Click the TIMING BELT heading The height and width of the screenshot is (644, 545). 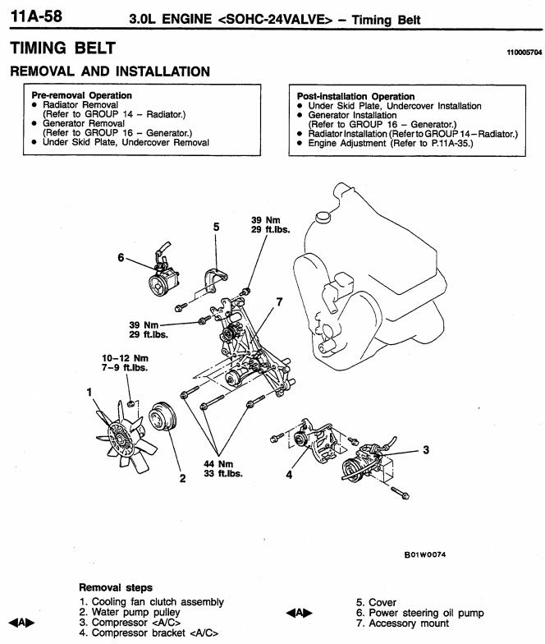pos(62,48)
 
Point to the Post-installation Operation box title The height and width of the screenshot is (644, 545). pos(355,96)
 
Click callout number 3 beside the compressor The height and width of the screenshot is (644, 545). pos(426,450)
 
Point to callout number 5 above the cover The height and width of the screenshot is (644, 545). pos(216,226)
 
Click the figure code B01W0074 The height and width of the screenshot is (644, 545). pos(425,554)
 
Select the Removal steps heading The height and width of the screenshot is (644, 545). pos(115,588)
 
